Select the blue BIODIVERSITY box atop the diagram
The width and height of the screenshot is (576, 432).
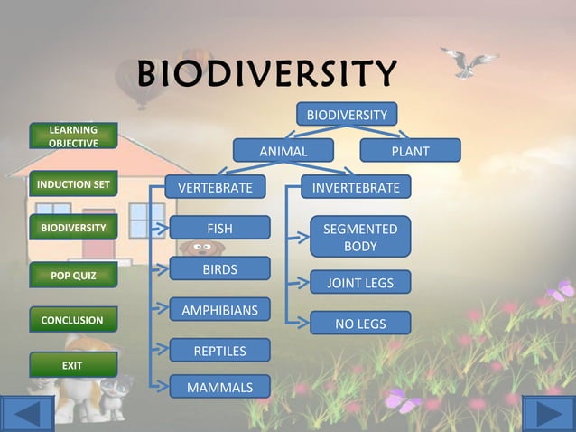tap(347, 115)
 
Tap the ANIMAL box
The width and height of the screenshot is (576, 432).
tap(283, 151)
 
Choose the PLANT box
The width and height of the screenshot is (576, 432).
tap(410, 151)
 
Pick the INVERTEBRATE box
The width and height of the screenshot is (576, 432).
tap(356, 187)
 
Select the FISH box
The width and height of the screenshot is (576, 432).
tap(219, 229)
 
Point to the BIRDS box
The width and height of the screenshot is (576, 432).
tap(219, 269)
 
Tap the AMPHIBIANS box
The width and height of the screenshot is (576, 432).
tap(219, 310)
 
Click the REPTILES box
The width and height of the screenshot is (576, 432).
tap(219, 350)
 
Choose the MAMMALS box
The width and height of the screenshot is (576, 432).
tap(219, 388)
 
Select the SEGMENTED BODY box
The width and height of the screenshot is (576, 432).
tap(360, 238)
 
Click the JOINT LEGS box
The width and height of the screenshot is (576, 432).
tap(360, 283)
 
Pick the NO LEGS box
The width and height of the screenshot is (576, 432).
tap(360, 324)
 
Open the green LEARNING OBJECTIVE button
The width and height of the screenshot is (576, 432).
tap(73, 136)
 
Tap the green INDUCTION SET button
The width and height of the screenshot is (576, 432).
tap(73, 184)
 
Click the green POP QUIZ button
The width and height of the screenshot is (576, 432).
tap(73, 275)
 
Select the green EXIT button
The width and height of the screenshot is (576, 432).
tap(73, 365)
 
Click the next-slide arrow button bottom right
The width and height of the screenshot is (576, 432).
tap(549, 414)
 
